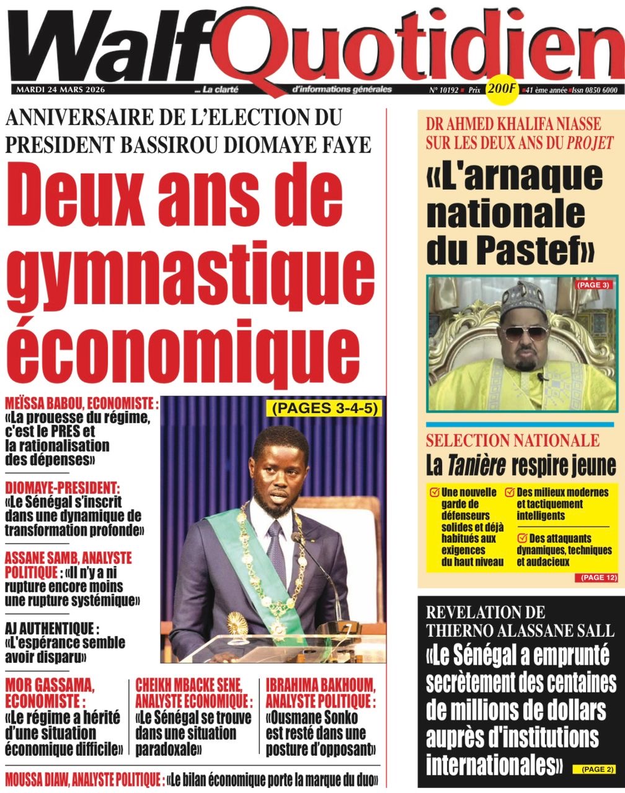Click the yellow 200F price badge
(x=502, y=89)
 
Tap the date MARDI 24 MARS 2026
(x=61, y=90)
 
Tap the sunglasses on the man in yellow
(x=525, y=333)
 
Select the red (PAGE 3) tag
(x=593, y=286)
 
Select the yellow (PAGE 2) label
(x=598, y=769)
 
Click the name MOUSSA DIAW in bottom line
(x=42, y=779)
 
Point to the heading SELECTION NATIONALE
(x=512, y=441)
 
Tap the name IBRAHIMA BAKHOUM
(x=320, y=685)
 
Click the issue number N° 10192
(x=443, y=90)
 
